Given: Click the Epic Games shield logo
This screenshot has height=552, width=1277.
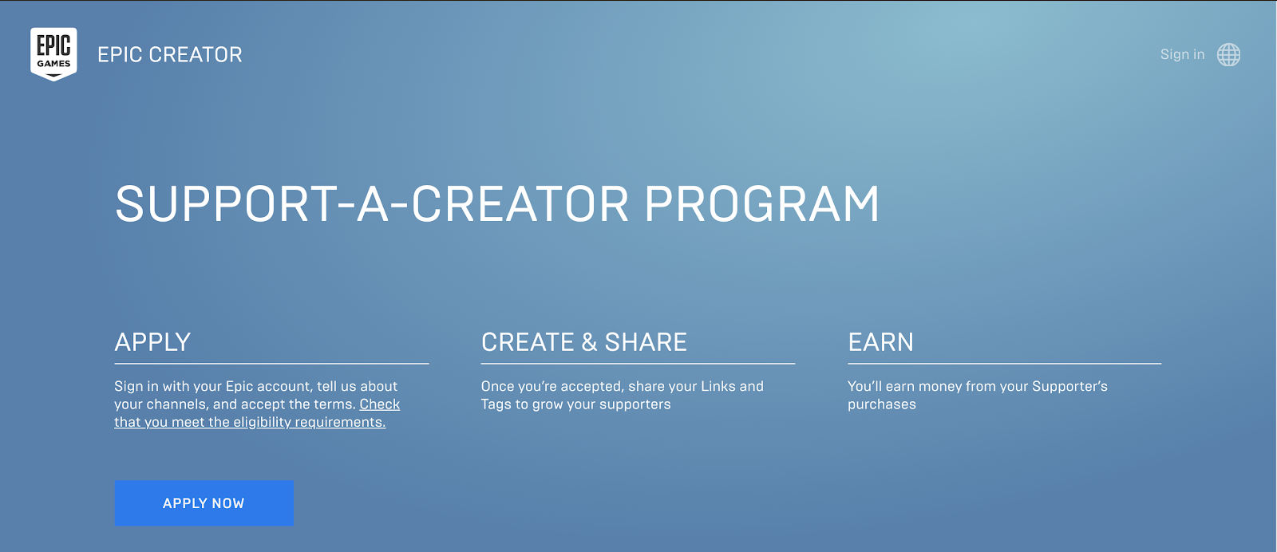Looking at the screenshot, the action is click(53, 54).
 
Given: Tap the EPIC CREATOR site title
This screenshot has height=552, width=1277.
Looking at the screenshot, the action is click(170, 55).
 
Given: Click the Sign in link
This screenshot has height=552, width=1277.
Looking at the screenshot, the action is click(1182, 54).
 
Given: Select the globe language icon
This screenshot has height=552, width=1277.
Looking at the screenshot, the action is click(1228, 55).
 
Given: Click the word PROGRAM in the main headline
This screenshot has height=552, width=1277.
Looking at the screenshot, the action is click(761, 204).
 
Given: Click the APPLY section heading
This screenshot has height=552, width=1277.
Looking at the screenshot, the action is click(152, 341).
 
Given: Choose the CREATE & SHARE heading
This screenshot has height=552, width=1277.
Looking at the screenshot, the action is click(583, 341).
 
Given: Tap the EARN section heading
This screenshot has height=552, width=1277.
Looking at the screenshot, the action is click(881, 341).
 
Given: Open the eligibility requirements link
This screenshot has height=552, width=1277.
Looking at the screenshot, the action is click(257, 413).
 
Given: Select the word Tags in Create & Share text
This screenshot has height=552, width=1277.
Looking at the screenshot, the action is click(496, 404).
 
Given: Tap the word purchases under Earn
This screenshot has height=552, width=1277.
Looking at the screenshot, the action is click(882, 404).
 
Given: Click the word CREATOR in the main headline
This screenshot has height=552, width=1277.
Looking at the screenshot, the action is click(520, 204).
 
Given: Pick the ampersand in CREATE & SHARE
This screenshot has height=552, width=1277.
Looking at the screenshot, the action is click(590, 342).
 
